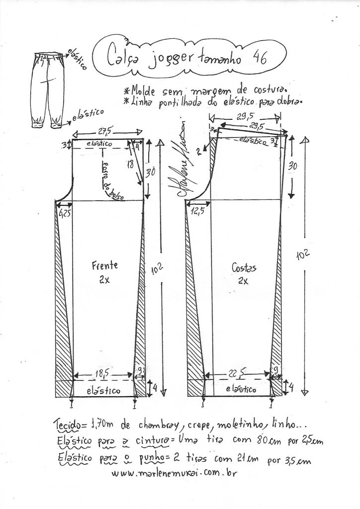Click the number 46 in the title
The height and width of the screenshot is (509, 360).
click(259, 58)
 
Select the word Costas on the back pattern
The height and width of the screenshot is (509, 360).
click(244, 268)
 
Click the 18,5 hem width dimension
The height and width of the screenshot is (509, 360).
click(104, 372)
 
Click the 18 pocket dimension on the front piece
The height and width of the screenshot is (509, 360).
click(130, 164)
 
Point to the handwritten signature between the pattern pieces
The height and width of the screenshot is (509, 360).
click(180, 164)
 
